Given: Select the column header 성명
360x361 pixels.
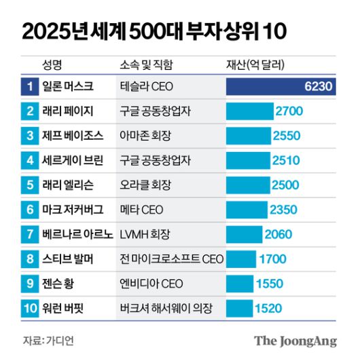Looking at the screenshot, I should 52,65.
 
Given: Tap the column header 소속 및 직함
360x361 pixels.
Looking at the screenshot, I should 146,65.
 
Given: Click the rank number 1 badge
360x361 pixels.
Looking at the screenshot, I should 30,87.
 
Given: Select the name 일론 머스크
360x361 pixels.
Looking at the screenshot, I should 73,87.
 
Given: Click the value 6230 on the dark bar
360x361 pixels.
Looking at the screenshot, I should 319,87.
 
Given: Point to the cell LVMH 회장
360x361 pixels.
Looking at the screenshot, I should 144,234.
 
